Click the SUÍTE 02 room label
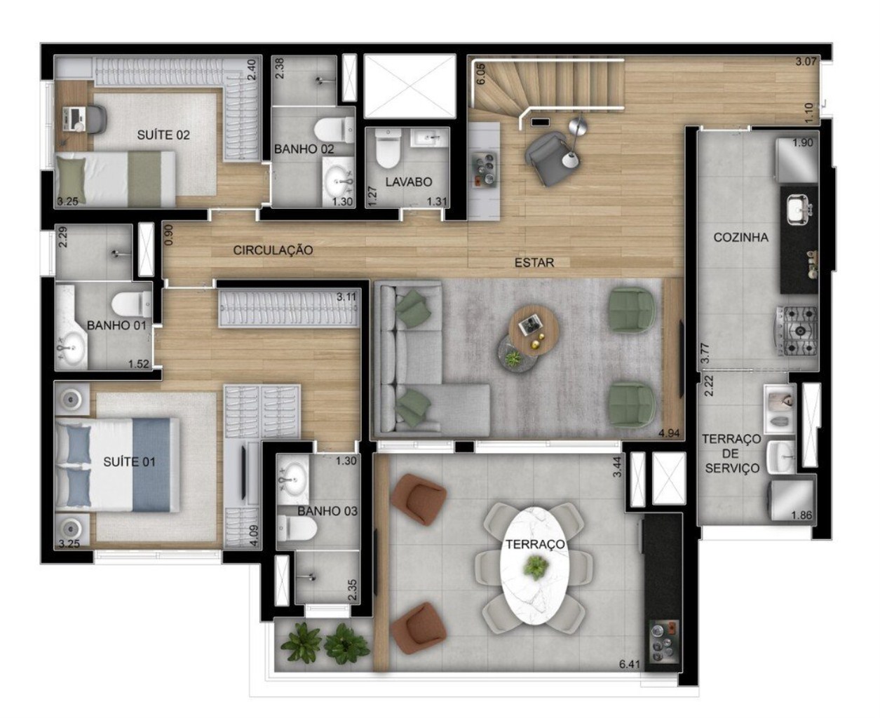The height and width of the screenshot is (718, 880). [x=163, y=135]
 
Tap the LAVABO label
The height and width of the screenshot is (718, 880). [x=408, y=182]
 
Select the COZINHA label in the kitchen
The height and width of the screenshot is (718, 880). [x=740, y=237]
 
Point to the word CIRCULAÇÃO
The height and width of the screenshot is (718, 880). [x=273, y=250]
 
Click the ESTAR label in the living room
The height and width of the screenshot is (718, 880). [x=534, y=262]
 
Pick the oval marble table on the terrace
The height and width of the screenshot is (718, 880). [x=537, y=564]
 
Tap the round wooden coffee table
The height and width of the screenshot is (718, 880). [x=534, y=325]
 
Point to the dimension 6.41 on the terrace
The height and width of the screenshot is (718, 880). [x=629, y=664]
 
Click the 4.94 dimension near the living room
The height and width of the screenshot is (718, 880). [x=669, y=433]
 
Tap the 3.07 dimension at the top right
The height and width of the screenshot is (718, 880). [x=806, y=62]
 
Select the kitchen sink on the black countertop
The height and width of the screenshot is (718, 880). [x=798, y=208]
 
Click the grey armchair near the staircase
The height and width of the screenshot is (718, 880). [x=546, y=158]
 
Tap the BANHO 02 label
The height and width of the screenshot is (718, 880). [x=304, y=149]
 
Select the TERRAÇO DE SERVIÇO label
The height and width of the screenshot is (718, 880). [x=731, y=454]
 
